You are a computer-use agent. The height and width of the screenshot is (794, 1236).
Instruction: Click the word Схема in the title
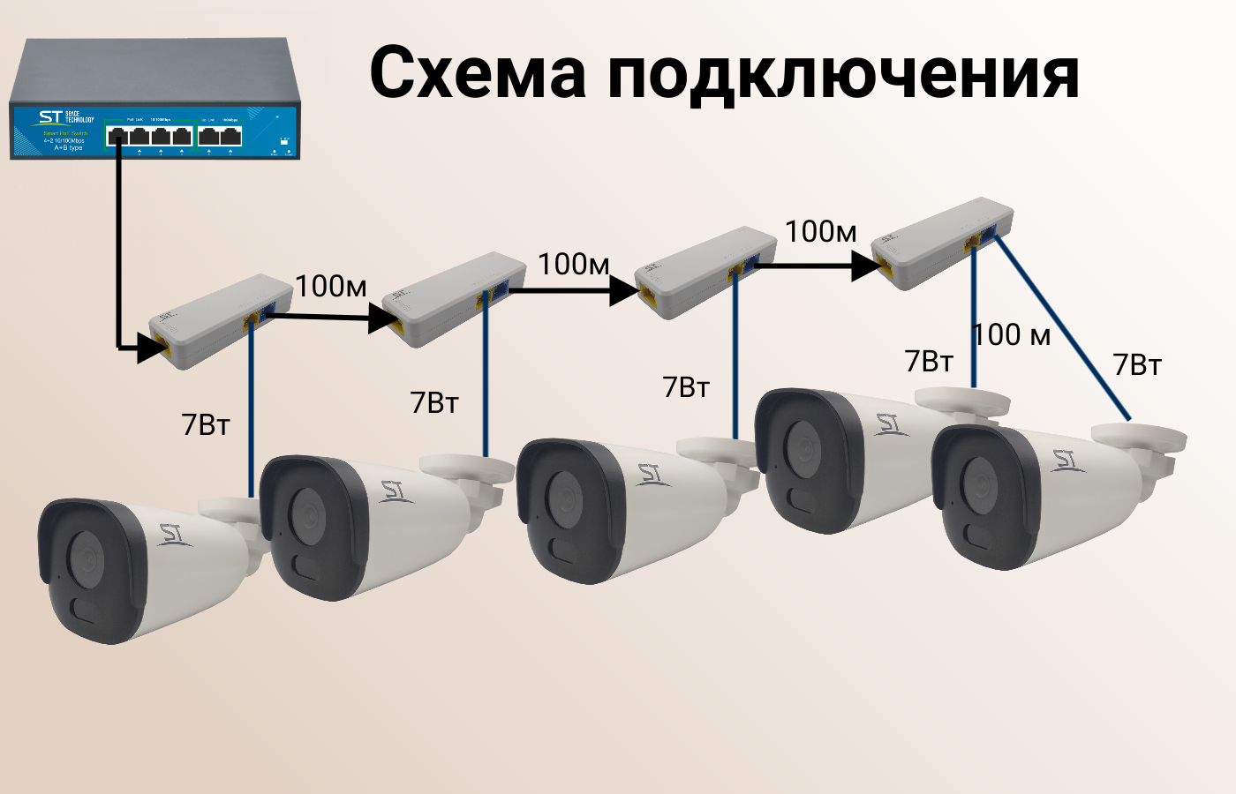(478, 72)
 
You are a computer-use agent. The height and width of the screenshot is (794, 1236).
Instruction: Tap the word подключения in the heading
(843, 74)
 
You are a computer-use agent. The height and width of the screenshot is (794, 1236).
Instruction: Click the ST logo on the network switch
(50, 118)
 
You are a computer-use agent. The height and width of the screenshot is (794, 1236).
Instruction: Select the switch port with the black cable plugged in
(117, 136)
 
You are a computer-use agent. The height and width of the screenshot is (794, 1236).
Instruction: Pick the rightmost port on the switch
(231, 136)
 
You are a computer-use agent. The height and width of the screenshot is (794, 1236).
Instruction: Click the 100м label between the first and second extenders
(331, 287)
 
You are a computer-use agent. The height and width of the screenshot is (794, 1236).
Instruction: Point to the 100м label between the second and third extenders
(574, 264)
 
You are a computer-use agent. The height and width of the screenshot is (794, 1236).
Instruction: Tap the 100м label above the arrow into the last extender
(821, 231)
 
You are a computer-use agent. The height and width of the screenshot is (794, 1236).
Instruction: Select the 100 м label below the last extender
(1012, 335)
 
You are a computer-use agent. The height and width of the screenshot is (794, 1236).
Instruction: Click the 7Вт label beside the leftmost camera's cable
(206, 424)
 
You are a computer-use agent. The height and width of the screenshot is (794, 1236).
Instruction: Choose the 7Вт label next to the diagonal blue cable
(1137, 365)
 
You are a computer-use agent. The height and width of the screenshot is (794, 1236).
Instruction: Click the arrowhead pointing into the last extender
(866, 266)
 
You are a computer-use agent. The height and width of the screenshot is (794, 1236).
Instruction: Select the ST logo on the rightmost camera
(1064, 461)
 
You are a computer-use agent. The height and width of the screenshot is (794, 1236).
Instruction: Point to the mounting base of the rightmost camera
(1139, 438)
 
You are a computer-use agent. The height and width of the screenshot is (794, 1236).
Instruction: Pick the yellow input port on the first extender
(162, 345)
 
